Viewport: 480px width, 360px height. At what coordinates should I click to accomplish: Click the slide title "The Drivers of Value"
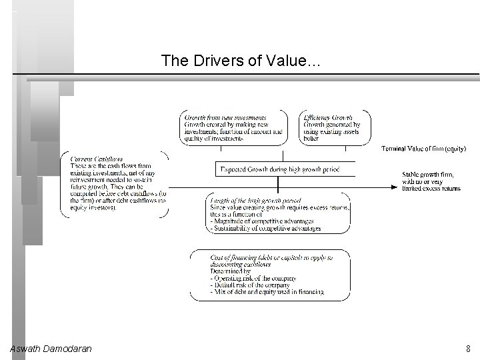click(241, 61)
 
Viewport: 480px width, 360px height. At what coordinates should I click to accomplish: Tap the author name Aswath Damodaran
click(51, 348)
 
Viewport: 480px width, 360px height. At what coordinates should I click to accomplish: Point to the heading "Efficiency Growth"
click(328, 117)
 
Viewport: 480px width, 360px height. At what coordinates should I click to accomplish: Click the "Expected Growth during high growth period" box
click(280, 170)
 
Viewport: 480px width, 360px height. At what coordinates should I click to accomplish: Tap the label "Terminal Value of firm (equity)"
click(423, 148)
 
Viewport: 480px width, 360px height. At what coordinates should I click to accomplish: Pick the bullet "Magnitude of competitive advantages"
click(260, 221)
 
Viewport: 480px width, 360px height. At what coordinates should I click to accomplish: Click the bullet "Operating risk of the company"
click(253, 278)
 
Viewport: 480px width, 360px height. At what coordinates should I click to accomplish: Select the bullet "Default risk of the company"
click(250, 285)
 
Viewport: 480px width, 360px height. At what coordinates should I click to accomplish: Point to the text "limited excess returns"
click(431, 189)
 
